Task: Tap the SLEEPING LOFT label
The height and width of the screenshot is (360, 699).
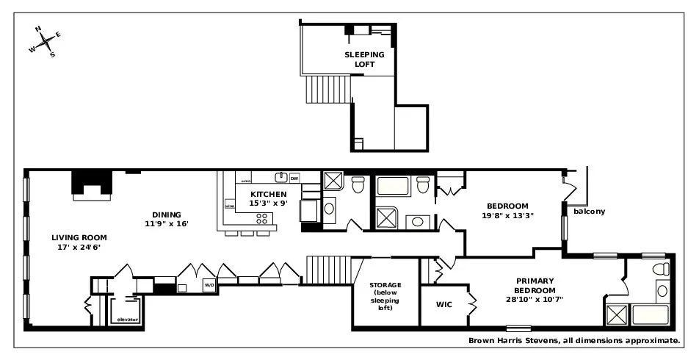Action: coord(360,60)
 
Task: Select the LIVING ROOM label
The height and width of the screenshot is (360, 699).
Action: coord(79,242)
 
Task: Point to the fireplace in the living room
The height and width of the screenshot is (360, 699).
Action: coord(92,184)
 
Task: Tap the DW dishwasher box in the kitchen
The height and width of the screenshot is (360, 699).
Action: coord(294,178)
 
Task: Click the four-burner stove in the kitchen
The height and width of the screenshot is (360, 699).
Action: coord(261,218)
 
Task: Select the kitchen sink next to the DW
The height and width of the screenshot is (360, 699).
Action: coord(280,177)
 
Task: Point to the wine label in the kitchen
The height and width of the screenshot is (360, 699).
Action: coord(230,206)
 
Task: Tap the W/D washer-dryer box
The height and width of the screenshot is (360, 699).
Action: coord(209,284)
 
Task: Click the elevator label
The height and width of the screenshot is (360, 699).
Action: coord(127,320)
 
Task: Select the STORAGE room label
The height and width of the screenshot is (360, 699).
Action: coord(385,296)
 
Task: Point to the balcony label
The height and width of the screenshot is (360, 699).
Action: coord(590,212)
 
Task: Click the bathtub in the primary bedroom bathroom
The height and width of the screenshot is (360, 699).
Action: coord(651,315)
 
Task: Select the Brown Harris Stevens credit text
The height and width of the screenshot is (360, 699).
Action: coord(573,341)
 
